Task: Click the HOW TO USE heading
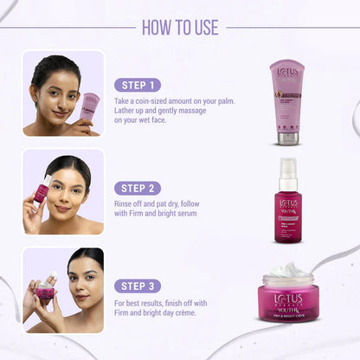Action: (x=180, y=27)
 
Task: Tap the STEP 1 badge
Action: (x=138, y=85)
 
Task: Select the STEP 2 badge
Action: (x=138, y=188)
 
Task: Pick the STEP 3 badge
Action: (x=138, y=286)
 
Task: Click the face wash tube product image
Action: (x=287, y=100)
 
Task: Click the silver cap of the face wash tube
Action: (x=287, y=138)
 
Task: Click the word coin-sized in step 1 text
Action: (x=153, y=101)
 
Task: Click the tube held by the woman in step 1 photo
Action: (x=89, y=109)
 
